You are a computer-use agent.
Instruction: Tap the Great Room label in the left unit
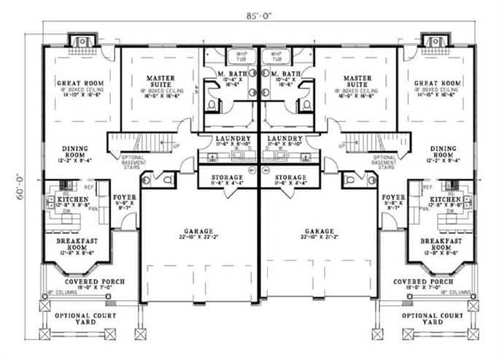pyautogui.click(x=78, y=83)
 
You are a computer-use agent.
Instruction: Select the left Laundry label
pyautogui.click(x=225, y=139)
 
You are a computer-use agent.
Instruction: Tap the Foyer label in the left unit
pyautogui.click(x=123, y=197)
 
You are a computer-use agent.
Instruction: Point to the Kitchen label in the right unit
pyautogui.click(x=444, y=199)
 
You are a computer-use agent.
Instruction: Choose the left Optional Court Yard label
pyautogui.click(x=77, y=318)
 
